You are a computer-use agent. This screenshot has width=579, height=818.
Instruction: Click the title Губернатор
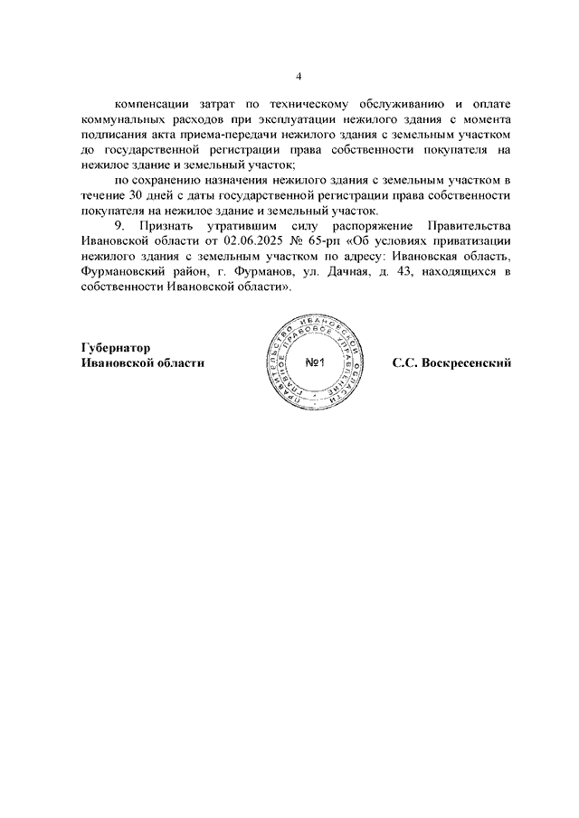click(116, 347)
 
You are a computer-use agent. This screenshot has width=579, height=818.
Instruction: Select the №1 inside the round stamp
click(316, 363)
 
